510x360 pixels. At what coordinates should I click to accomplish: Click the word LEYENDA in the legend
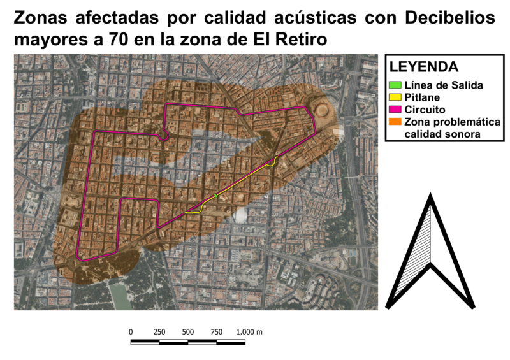pyautogui.click(x=423, y=67)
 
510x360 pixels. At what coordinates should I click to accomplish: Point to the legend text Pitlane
pyautogui.click(x=422, y=97)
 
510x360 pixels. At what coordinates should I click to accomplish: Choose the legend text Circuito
pyautogui.click(x=425, y=110)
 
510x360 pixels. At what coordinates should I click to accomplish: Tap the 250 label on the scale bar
pyautogui.click(x=159, y=332)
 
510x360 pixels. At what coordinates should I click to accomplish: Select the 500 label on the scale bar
pyautogui.click(x=188, y=332)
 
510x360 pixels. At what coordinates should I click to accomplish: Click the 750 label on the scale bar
pyautogui.click(x=217, y=332)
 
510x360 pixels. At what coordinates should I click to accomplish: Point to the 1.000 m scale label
pyautogui.click(x=249, y=332)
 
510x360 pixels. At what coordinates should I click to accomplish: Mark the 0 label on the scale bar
pyautogui.click(x=131, y=332)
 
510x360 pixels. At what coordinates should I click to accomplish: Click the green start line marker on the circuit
pyautogui.click(x=216, y=196)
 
